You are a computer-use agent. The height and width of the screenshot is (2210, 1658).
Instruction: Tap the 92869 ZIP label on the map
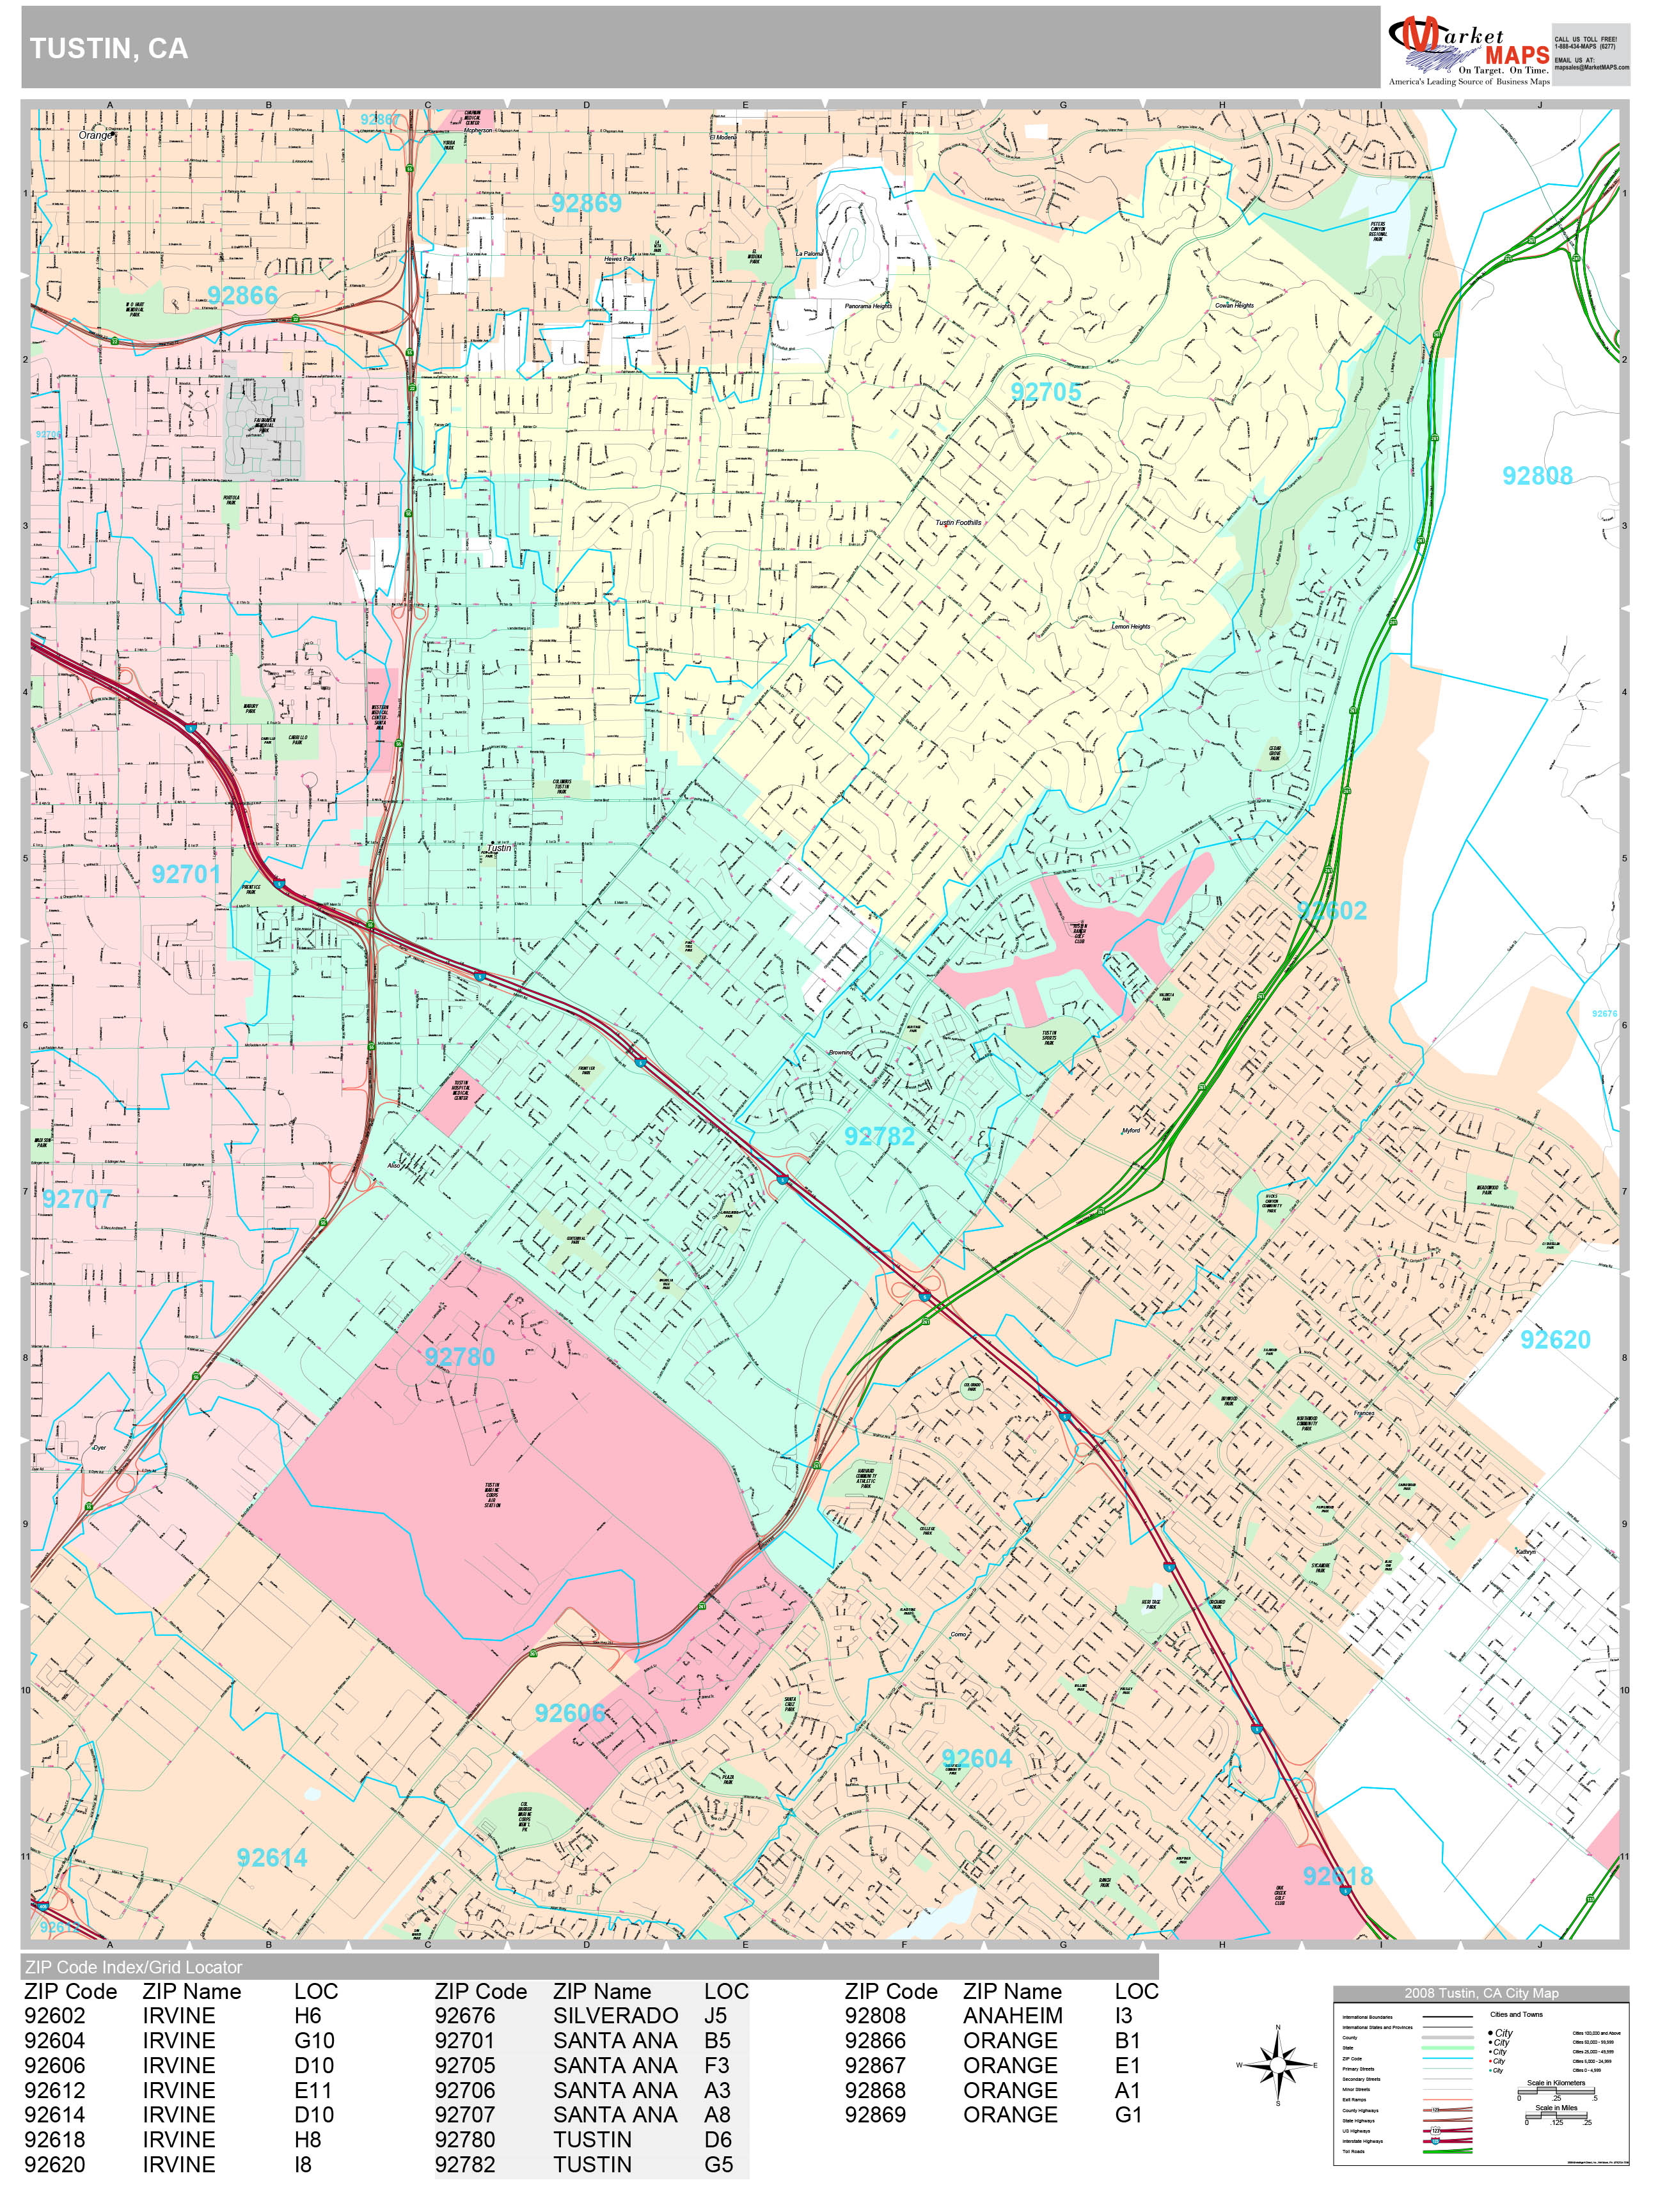point(586,204)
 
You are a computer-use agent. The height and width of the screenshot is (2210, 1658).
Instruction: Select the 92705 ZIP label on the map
point(1045,391)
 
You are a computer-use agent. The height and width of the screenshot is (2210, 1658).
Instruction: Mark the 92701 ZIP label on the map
point(186,874)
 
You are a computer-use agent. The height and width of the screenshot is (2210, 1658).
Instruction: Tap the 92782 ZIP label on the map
point(878,1136)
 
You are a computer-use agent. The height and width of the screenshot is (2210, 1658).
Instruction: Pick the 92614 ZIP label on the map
point(272,1857)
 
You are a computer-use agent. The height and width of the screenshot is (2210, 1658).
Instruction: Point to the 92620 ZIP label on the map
point(1554,1340)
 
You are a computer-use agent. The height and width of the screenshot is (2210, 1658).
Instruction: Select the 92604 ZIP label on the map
point(976,1759)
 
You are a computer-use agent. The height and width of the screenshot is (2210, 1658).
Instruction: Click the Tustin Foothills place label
point(958,522)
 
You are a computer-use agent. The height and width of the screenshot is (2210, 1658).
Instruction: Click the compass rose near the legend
point(1277,2064)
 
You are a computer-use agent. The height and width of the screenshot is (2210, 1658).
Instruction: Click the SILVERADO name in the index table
point(615,2016)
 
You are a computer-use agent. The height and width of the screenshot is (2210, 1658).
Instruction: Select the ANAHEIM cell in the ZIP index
point(1013,2016)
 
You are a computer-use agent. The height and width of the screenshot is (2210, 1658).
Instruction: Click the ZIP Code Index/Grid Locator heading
point(134,1967)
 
